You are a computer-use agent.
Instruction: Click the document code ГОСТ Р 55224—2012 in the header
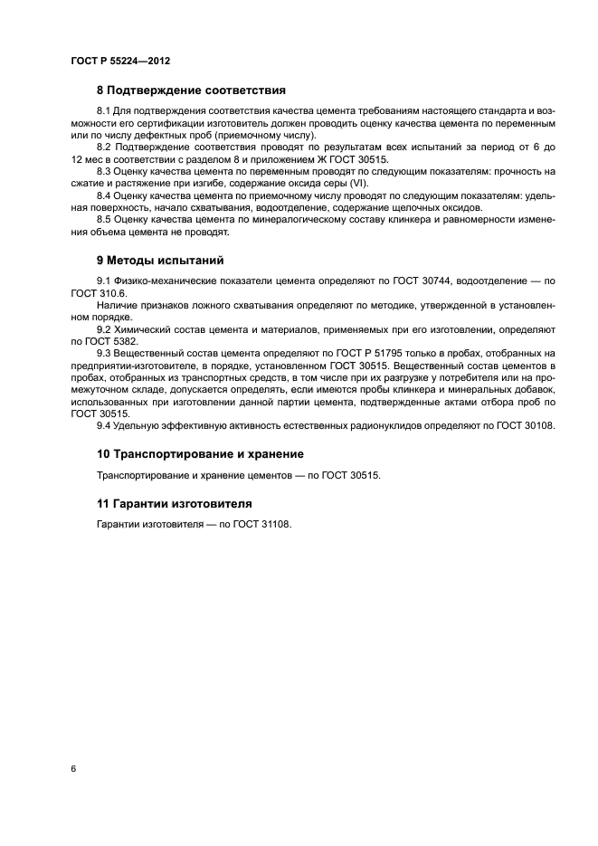[120, 61]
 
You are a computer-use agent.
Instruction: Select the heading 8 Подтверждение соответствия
[191, 90]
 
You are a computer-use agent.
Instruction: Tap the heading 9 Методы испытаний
[159, 260]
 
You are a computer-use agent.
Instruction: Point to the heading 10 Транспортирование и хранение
[200, 453]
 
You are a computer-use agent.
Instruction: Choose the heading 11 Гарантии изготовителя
[175, 502]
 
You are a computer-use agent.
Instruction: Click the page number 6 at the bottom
[73, 768]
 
